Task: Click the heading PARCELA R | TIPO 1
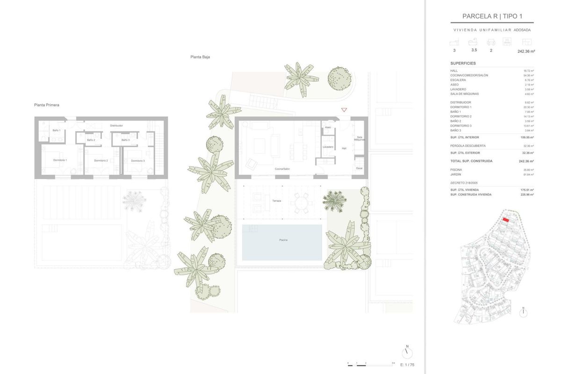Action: tap(492, 16)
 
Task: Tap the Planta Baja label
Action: tap(200, 57)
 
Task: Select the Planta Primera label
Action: tap(47, 105)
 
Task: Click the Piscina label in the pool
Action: tap(283, 240)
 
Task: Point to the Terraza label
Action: tap(277, 201)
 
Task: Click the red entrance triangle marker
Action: tap(344, 110)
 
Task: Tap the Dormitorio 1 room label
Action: tap(60, 160)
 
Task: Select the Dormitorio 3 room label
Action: tap(137, 161)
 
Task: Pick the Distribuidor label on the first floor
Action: tap(116, 126)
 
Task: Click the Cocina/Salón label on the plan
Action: tap(282, 169)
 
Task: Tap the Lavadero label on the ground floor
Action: tap(328, 147)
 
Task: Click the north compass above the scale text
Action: tap(407, 351)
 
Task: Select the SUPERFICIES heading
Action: tap(463, 63)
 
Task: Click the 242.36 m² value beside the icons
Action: tap(526, 51)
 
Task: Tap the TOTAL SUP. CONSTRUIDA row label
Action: tap(471, 161)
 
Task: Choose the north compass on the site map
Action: tap(523, 312)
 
